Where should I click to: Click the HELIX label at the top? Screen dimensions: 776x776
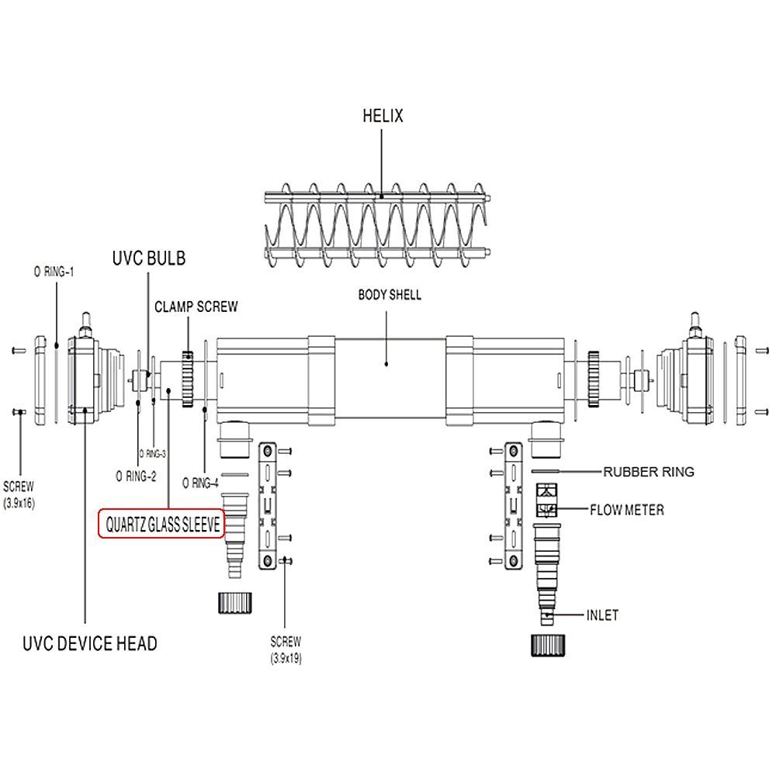click(383, 116)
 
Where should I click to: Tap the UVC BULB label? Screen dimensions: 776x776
click(149, 258)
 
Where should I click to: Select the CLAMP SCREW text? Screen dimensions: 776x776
click(196, 307)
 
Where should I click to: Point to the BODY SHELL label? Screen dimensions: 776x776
click(390, 295)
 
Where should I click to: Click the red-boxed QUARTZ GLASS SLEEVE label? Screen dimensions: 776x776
click(162, 524)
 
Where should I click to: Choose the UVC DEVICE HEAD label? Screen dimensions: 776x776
click(89, 643)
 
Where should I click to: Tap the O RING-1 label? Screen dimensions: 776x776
click(54, 272)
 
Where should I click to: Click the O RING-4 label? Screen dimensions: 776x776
click(200, 483)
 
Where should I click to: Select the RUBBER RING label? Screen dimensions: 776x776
click(648, 472)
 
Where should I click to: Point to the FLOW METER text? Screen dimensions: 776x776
click(626, 510)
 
